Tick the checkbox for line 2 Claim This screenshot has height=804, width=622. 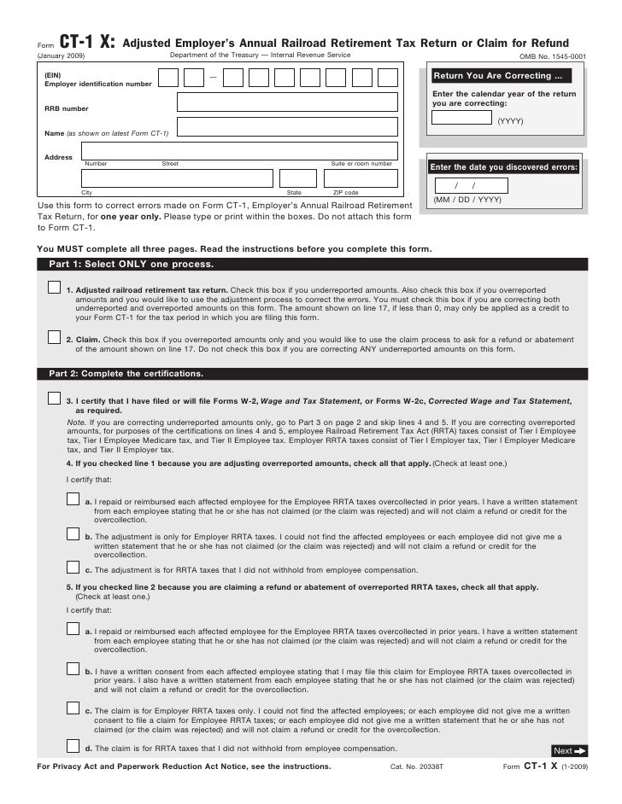[55, 337]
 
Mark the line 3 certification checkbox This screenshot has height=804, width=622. [55, 399]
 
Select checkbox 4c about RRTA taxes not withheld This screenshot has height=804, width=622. [73, 567]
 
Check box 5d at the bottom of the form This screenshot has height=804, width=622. [73, 746]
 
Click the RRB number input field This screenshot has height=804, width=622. [287, 102]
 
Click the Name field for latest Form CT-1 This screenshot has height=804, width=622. [287, 127]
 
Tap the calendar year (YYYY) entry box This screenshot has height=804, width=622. [461, 118]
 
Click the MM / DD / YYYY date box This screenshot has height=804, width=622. [470, 186]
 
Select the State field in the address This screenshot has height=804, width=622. [287, 178]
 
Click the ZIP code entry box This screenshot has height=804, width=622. [359, 178]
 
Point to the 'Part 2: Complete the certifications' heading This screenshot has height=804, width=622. [126, 374]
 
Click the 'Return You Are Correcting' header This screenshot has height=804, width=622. [493, 76]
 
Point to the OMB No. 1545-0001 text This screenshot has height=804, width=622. [553, 56]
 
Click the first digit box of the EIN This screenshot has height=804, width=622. [168, 79]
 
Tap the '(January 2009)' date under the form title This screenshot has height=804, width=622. [62, 55]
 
